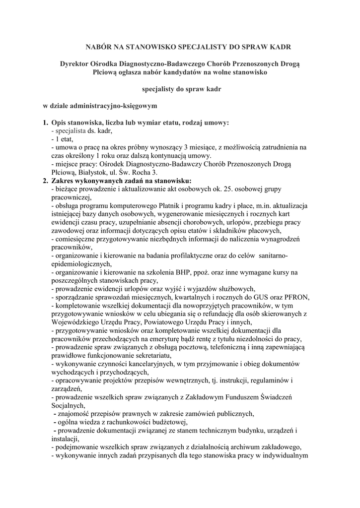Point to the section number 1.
coord(45,123)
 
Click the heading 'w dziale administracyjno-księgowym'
coord(99,106)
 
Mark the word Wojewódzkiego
coord(76,321)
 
